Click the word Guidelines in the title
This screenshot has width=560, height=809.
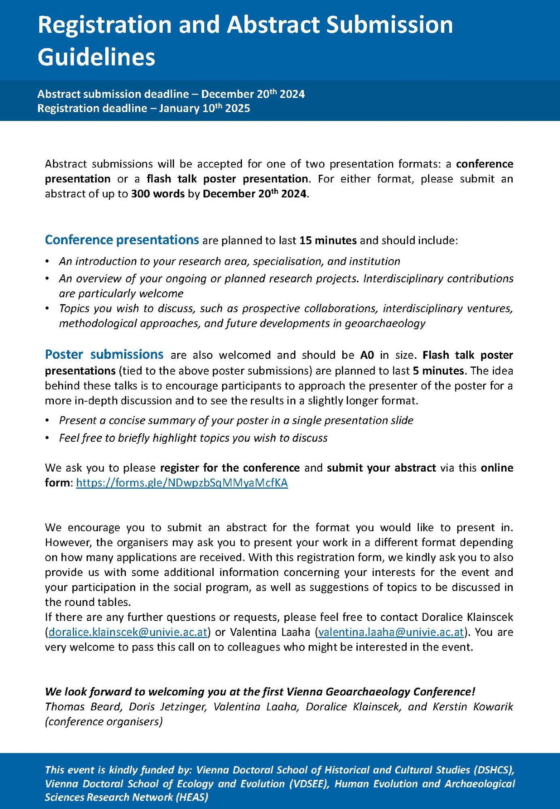(x=96, y=57)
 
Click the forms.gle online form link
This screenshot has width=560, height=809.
(x=182, y=483)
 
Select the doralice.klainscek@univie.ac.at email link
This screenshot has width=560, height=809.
(x=128, y=632)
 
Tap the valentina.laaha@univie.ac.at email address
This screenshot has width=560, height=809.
(x=391, y=632)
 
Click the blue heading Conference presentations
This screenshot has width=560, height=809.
(x=122, y=240)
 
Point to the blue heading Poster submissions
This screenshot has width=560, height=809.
(x=104, y=354)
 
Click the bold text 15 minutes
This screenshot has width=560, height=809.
(x=328, y=240)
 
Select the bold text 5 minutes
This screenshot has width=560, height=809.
(x=438, y=371)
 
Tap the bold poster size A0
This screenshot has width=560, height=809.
(x=367, y=355)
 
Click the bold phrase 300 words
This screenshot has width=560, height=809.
(x=158, y=194)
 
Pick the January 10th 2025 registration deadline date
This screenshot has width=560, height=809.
(x=204, y=108)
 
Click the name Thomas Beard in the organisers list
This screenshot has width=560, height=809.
(x=83, y=707)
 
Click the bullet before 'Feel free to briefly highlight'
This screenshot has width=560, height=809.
(x=48, y=438)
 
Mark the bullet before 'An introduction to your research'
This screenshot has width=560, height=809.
(x=48, y=261)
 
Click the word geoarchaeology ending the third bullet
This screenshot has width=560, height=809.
(x=385, y=323)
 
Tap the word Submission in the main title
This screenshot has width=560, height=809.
(x=389, y=25)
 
